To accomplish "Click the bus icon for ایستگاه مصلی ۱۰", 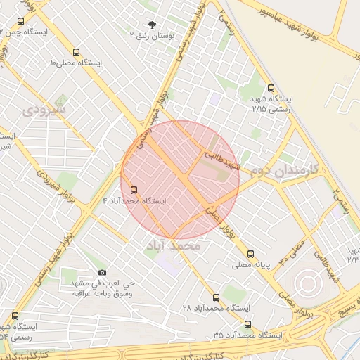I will (x=77, y=52).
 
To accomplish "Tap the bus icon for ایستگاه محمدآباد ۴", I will (x=134, y=190).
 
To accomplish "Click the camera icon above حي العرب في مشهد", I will (x=103, y=272).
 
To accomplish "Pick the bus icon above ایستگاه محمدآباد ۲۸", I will (x=216, y=297).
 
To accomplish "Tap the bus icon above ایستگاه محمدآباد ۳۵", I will (x=247, y=324).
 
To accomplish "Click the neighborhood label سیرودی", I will (x=44, y=110).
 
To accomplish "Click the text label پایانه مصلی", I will (x=251, y=266).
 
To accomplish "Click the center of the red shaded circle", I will (x=180, y=180).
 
